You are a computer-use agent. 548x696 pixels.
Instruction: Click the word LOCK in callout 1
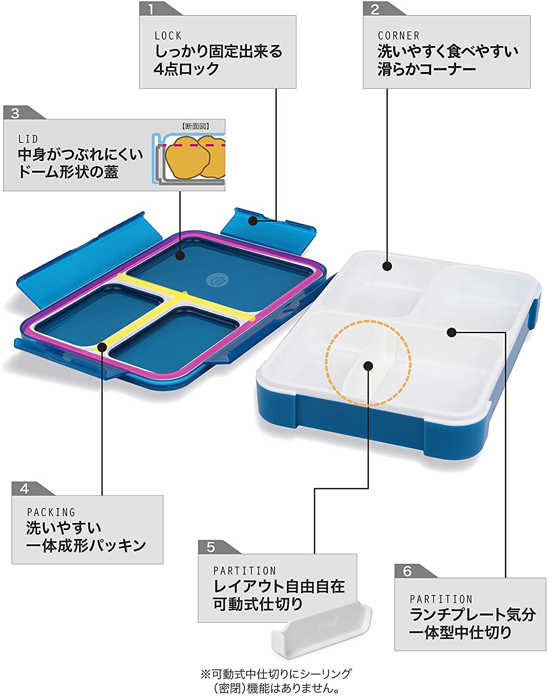(168, 36)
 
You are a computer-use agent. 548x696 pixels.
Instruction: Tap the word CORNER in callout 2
(398, 36)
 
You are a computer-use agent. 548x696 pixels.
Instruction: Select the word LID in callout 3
(28, 139)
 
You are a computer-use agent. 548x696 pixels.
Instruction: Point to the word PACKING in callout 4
(51, 512)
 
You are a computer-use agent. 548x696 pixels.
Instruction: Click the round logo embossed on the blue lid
(217, 280)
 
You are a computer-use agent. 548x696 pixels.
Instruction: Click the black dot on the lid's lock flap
(253, 221)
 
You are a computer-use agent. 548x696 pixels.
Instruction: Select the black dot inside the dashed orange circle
(369, 366)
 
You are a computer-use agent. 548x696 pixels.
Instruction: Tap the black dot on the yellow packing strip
(102, 348)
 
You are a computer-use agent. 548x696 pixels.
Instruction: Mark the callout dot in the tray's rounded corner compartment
(387, 266)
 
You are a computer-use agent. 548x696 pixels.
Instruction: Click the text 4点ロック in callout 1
(186, 69)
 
